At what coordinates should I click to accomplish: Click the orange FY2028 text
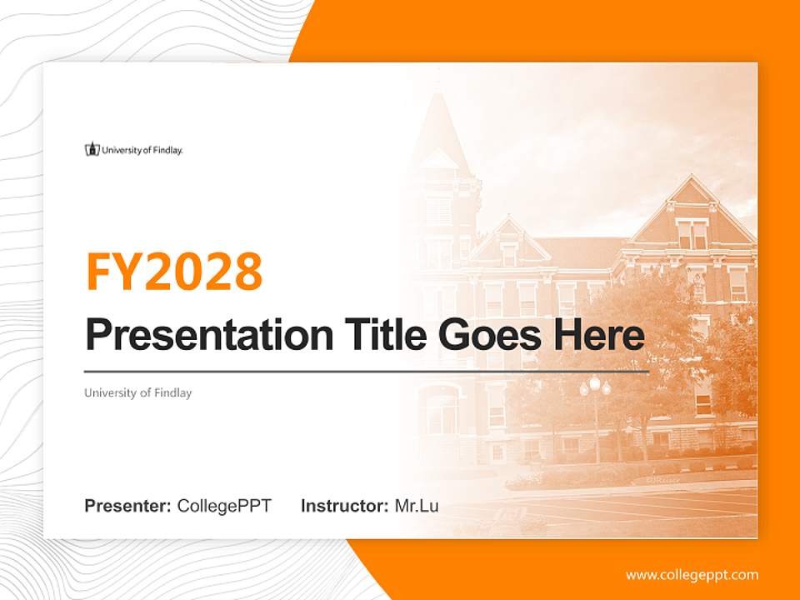pyautogui.click(x=174, y=271)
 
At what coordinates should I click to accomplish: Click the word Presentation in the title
pyautogui.click(x=197, y=336)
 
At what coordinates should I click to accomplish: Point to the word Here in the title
pyautogui.click(x=598, y=335)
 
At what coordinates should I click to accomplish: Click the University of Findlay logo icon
pyautogui.click(x=92, y=150)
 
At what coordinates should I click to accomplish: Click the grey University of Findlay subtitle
pyautogui.click(x=137, y=392)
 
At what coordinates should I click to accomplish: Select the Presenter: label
pyautogui.click(x=128, y=506)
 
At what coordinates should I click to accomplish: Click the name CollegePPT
pyautogui.click(x=224, y=506)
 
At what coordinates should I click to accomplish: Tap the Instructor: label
pyautogui.click(x=344, y=506)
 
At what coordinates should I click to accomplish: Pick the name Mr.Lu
pyautogui.click(x=417, y=506)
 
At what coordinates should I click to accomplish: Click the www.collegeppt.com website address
pyautogui.click(x=692, y=574)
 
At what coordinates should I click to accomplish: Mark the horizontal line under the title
pyautogui.click(x=367, y=372)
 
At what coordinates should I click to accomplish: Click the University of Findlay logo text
pyautogui.click(x=142, y=150)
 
